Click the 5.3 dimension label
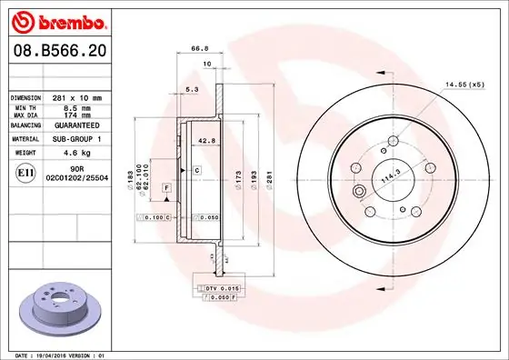pyautogui.click(x=191, y=89)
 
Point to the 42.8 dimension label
pyautogui.click(x=206, y=141)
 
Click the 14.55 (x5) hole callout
pyautogui.click(x=463, y=84)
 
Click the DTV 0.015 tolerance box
pyautogui.click(x=221, y=287)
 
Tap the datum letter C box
pyautogui.click(x=195, y=170)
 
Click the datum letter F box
pyautogui.click(x=166, y=187)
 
